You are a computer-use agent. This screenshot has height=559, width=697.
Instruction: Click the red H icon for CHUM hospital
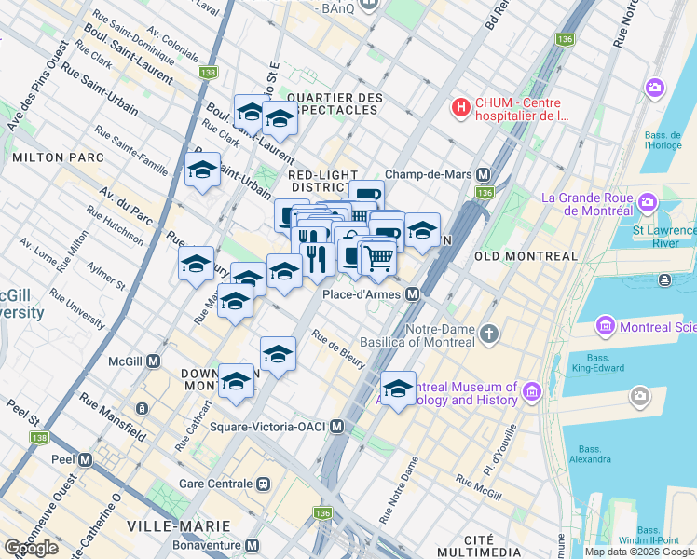(460, 108)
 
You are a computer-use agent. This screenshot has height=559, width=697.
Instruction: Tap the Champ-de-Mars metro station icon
(484, 174)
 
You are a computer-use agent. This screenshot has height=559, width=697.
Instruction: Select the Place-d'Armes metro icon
(412, 294)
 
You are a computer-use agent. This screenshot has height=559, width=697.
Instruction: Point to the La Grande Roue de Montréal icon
(645, 201)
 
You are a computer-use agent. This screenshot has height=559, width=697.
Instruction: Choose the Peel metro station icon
(86, 460)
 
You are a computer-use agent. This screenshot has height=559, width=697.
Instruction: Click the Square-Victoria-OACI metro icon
(337, 427)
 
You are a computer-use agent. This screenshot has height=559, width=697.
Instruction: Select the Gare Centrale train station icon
(265, 484)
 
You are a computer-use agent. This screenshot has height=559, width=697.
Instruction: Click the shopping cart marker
(377, 256)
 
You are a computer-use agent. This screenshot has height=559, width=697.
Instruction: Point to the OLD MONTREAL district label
(526, 256)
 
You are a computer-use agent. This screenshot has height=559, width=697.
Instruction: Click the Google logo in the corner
(31, 548)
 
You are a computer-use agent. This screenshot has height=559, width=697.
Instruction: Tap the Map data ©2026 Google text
(638, 552)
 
